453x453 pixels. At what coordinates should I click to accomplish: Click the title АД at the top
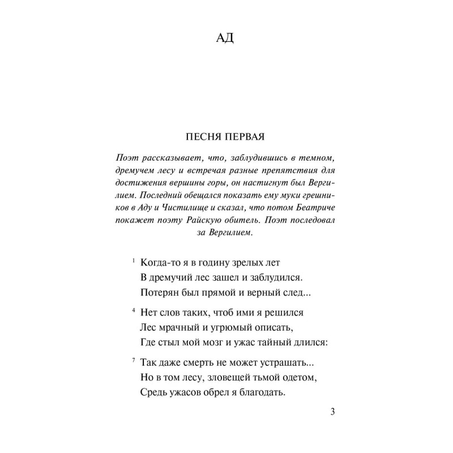click(226, 39)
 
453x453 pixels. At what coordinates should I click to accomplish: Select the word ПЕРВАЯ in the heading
click(245, 136)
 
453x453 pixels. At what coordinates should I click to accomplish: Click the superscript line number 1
click(133, 260)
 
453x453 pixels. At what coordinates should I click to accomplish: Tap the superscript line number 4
click(133, 309)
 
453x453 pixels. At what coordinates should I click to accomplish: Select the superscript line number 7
click(133, 359)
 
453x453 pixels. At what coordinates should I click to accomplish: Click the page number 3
click(332, 412)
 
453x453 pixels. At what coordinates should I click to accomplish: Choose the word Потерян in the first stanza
click(157, 293)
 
